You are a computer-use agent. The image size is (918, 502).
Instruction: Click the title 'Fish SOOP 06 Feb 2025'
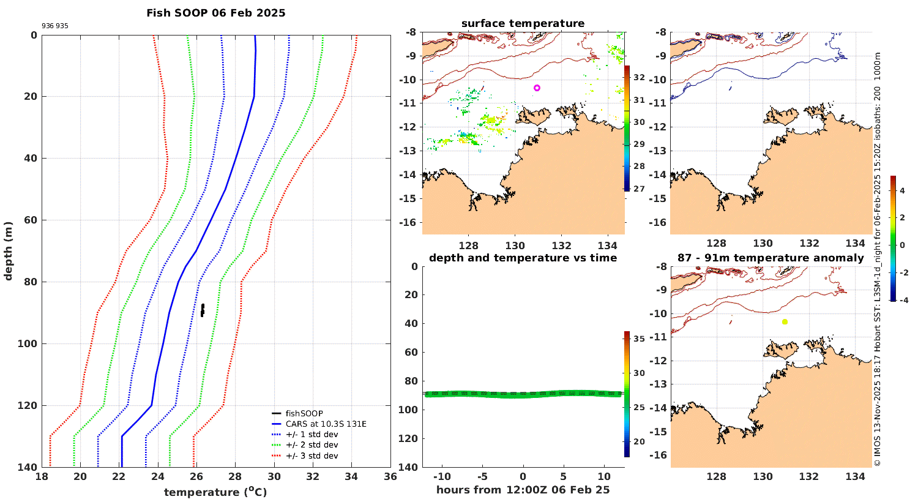coord(215,13)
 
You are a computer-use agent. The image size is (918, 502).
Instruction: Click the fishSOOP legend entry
coord(304,414)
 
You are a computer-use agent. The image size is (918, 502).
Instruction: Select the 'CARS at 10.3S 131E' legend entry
coord(326,424)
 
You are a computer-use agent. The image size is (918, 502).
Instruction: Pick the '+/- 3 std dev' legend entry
coord(312,455)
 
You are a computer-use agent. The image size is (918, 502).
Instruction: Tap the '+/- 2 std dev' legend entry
coord(312,445)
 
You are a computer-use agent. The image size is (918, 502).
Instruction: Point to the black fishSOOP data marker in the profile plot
coord(203,310)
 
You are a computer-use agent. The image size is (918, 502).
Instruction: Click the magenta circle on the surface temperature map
coord(537,88)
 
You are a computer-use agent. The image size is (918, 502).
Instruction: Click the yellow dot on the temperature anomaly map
coord(785,322)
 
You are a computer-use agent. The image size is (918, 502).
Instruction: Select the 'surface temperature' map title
coord(523,23)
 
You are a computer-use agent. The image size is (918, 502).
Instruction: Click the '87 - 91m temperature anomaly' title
coord(771,258)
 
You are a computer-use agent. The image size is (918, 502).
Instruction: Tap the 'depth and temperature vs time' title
coord(523,258)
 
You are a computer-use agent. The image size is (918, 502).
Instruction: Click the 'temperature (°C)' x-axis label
coord(215,492)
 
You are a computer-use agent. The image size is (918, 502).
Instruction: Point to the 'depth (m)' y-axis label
coord(9,251)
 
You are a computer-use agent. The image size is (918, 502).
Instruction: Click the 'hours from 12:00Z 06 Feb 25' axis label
coord(523,490)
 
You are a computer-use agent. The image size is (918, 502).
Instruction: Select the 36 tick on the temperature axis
coord(390,477)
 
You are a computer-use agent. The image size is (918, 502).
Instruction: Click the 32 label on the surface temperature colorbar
coord(638,77)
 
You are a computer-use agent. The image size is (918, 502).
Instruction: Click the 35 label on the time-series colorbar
coord(638,339)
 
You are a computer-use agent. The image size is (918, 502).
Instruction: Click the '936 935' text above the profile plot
coord(55,26)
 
